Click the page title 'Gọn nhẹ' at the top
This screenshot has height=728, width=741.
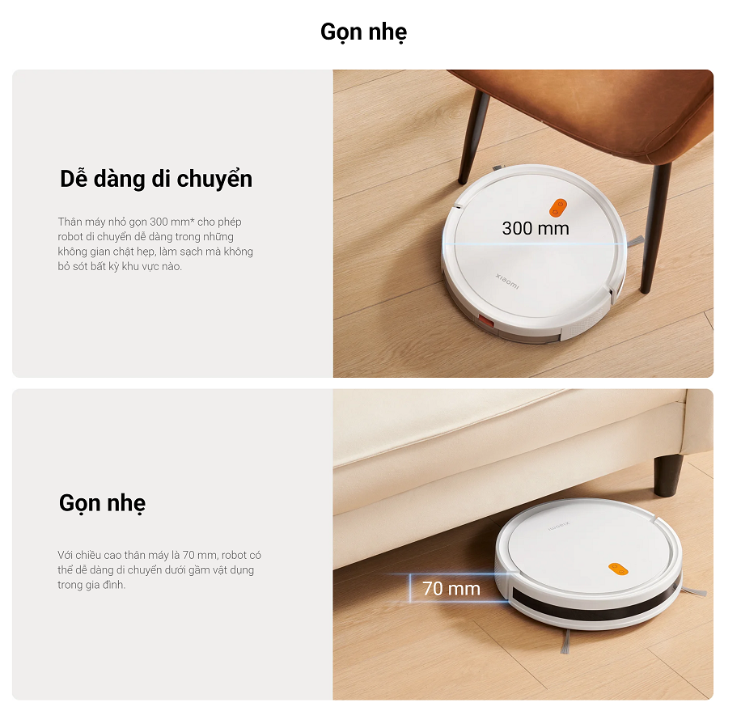(x=363, y=32)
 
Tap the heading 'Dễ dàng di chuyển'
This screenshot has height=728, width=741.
(x=156, y=179)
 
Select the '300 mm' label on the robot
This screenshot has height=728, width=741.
(x=536, y=228)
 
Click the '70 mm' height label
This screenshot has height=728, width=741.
(x=451, y=589)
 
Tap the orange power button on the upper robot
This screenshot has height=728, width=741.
(x=558, y=207)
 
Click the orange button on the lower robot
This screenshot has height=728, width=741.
(x=618, y=569)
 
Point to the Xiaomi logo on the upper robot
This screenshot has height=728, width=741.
(x=507, y=281)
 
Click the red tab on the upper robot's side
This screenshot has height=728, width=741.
(x=486, y=322)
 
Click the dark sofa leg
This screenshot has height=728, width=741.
(x=668, y=474)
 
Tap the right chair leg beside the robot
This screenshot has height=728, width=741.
(x=654, y=226)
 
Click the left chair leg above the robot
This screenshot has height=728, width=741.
(x=473, y=136)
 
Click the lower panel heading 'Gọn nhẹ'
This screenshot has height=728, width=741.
(x=103, y=502)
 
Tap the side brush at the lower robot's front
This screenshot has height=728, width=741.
(x=565, y=641)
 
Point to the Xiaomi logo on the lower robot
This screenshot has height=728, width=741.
(x=559, y=526)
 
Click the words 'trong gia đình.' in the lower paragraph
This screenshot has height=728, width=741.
(x=91, y=584)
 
